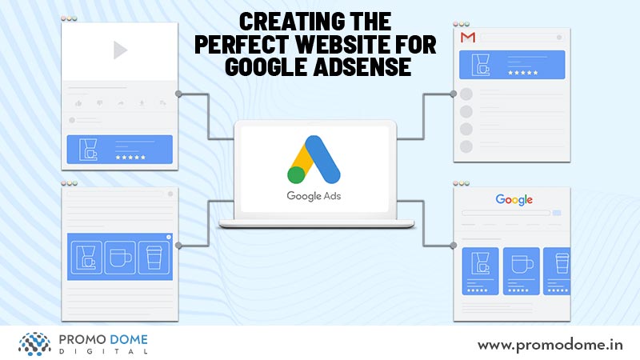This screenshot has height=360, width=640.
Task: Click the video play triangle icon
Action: click(x=119, y=50)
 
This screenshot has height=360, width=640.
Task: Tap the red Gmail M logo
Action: click(x=468, y=38)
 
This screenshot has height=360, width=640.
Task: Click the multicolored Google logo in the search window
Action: click(x=514, y=199)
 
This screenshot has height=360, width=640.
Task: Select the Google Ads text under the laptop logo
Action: click(x=314, y=196)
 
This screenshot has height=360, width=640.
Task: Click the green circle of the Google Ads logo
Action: click(x=297, y=174)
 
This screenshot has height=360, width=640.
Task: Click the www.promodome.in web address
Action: click(x=550, y=346)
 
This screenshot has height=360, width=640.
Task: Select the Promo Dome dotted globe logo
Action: click(x=34, y=344)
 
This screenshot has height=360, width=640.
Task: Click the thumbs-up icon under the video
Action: click(x=78, y=104)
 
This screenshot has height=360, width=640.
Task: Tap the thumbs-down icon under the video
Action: click(x=99, y=104)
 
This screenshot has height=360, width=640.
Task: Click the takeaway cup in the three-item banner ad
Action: click(x=154, y=258)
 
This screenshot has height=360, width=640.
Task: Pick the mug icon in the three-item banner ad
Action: click(x=121, y=258)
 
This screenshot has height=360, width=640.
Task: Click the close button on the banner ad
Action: click(x=169, y=237)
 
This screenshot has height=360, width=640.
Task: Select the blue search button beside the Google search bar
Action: click(x=557, y=213)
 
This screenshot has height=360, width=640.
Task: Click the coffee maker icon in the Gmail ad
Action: click(x=481, y=65)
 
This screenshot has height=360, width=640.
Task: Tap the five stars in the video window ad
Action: click(x=130, y=157)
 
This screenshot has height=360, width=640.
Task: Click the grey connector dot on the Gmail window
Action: click(x=453, y=94)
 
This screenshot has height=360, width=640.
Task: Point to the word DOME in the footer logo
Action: click(x=130, y=339)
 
